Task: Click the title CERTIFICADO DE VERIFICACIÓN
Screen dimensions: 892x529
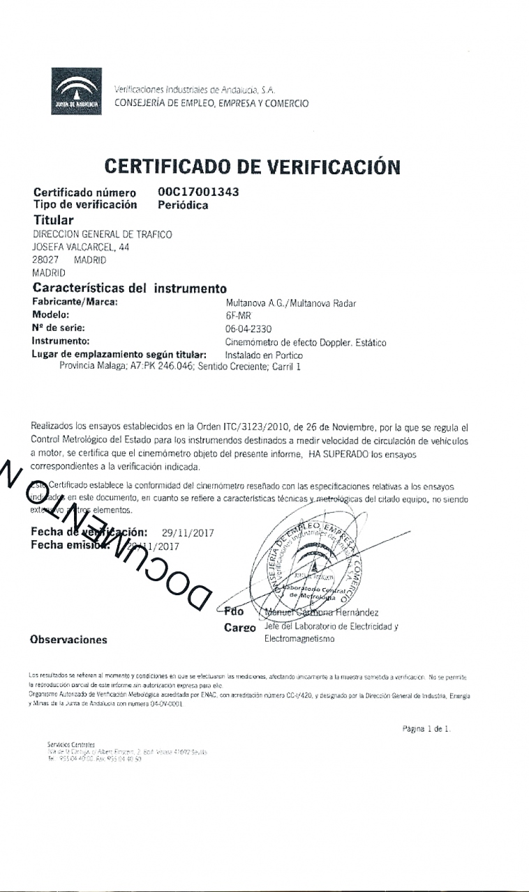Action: (x=252, y=167)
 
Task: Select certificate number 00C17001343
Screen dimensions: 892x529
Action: (x=198, y=192)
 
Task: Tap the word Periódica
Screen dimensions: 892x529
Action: (x=183, y=205)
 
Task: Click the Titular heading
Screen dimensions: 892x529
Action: (x=54, y=220)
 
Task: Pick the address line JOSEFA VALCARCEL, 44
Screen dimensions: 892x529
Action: (x=81, y=247)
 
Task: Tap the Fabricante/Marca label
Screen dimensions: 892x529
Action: (x=75, y=302)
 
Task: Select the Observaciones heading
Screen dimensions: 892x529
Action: (x=68, y=640)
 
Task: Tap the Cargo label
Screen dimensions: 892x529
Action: (x=240, y=627)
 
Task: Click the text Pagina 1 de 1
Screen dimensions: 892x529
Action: (x=427, y=729)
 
